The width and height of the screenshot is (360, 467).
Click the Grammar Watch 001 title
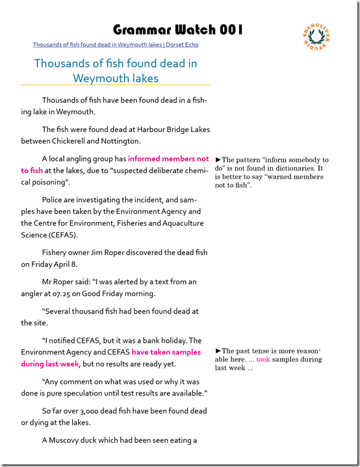click(178, 29)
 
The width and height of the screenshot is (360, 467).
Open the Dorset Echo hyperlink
click(116, 45)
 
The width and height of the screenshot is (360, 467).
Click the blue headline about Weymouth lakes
click(116, 71)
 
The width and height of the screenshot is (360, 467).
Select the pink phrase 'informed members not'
click(168, 159)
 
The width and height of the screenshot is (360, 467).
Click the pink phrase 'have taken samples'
click(166, 352)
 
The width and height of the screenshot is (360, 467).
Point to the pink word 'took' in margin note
click(263, 359)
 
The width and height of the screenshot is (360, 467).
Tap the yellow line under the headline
click(116, 85)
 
